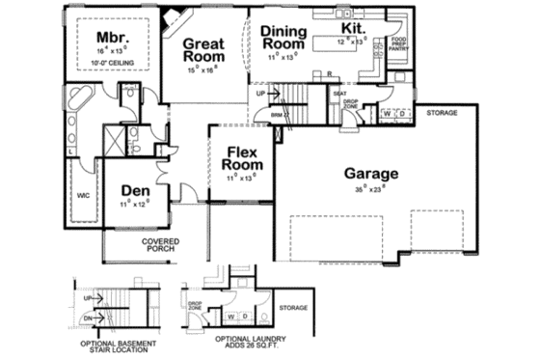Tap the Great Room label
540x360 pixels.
(203, 50)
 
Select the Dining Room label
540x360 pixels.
(283, 37)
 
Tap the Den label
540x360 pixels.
(136, 191)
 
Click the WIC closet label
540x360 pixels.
(83, 196)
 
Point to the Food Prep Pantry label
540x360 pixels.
(398, 43)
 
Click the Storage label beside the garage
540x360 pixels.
(443, 112)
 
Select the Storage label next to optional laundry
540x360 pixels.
(293, 308)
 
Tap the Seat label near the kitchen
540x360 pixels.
(339, 94)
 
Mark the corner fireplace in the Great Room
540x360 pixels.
(173, 19)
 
